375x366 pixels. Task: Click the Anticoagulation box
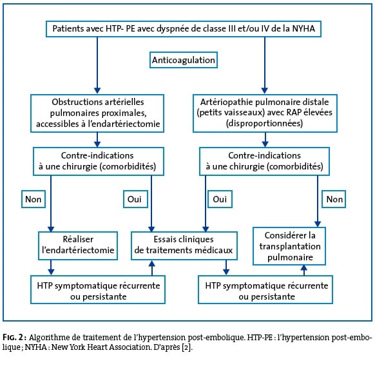coord(184,60)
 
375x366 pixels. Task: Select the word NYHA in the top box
coord(303,29)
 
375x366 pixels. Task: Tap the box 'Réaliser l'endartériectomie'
coord(78,246)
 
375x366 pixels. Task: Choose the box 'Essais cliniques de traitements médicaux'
coord(184,246)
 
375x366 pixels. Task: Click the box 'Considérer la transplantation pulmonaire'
coord(289,246)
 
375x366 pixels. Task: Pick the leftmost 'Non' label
coord(34,199)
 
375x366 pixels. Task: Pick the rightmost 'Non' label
coord(334,199)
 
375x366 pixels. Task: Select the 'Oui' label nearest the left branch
coord(135,199)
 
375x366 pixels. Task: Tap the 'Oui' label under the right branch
coord(220,199)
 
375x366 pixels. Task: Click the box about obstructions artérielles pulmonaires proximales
coord(97,113)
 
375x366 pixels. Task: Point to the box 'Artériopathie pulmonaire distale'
coord(265,113)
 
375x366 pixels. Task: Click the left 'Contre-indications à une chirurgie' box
coord(99,161)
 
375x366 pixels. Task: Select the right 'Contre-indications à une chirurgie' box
coord(265,161)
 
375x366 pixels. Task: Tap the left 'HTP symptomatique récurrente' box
coord(98,290)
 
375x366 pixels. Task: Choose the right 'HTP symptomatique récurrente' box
coord(265,290)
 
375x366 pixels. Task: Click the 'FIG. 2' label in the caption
coord(14,337)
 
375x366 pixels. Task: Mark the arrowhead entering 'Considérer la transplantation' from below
coord(303,267)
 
